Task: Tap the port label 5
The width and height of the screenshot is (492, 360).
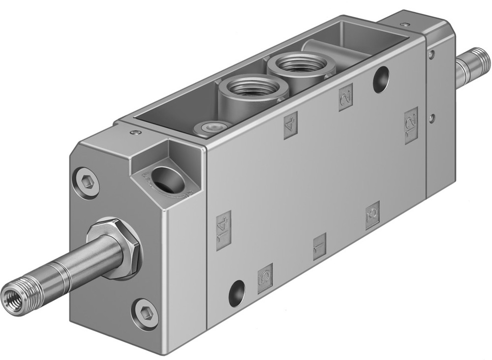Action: point(265,278)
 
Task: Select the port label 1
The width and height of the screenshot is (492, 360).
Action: point(319,246)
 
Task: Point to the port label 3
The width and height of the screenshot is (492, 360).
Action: point(372,215)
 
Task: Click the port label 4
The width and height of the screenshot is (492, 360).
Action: point(290,125)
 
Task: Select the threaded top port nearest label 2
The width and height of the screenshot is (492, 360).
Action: point(296,64)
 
